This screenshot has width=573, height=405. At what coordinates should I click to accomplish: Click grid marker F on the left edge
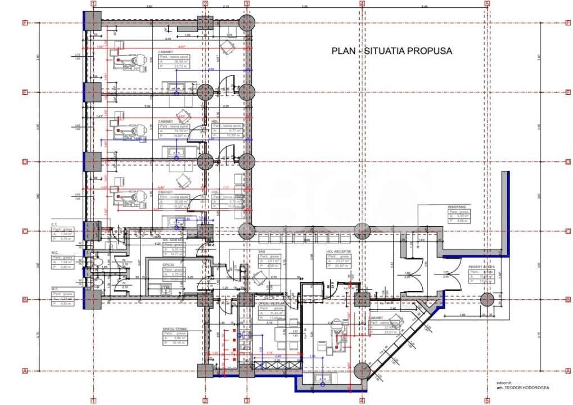25,23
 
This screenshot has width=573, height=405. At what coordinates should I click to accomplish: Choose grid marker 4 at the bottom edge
362,401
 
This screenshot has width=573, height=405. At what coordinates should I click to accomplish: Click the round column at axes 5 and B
487,300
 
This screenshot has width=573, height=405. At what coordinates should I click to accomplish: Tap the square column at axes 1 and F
93,23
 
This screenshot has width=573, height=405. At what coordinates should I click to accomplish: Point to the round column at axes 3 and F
247,23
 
